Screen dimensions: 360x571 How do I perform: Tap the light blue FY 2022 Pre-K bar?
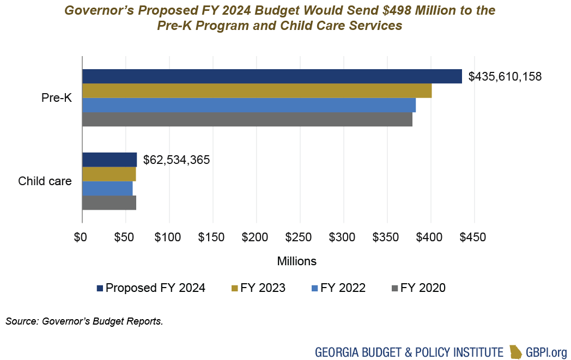[248, 105]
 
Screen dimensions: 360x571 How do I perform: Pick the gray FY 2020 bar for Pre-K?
[247, 119]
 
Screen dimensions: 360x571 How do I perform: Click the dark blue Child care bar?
[109, 160]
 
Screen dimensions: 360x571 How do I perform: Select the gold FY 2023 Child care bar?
[108, 174]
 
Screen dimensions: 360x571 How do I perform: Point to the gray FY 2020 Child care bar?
[109, 203]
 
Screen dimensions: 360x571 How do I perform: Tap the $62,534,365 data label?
[177, 160]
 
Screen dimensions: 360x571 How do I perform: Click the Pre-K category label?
[56, 98]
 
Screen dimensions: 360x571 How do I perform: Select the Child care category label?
[45, 181]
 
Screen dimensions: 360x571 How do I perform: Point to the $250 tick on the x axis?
[300, 238]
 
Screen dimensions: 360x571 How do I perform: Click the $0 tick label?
[81, 238]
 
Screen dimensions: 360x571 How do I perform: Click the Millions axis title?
[296, 261]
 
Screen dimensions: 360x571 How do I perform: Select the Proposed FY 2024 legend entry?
[151, 288]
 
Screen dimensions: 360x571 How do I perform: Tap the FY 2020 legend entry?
[418, 288]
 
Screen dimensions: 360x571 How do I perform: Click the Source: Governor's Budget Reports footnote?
[84, 321]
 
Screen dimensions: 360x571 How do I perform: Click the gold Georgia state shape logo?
[515, 352]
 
